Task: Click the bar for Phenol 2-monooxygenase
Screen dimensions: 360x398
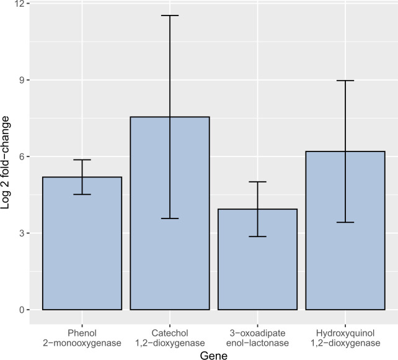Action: pyautogui.click(x=82, y=248)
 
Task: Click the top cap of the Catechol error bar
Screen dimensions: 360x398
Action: pyautogui.click(x=169, y=16)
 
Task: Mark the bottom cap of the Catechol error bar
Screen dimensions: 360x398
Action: pyautogui.click(x=169, y=218)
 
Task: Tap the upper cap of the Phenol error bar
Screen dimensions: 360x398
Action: pyautogui.click(x=82, y=160)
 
